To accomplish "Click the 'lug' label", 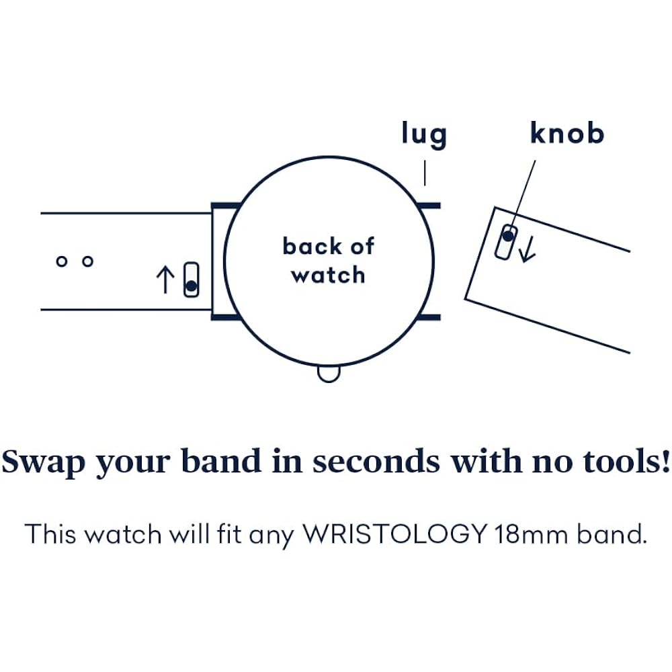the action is click(x=424, y=134).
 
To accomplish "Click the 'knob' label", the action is click(x=567, y=132).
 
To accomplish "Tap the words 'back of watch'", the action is click(x=329, y=260).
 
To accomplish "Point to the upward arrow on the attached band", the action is click(x=165, y=280).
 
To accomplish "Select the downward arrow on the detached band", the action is click(x=527, y=249).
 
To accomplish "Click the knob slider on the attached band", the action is click(x=191, y=280).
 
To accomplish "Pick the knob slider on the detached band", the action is click(x=506, y=242).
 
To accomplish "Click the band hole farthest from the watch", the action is click(x=62, y=261).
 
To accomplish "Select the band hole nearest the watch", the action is click(x=88, y=261).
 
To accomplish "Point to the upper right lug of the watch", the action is click(x=429, y=206).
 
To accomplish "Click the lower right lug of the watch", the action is click(x=429, y=318).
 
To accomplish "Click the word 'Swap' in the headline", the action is click(x=43, y=462).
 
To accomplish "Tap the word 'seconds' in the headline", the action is click(x=376, y=461).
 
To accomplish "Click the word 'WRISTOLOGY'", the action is click(x=394, y=534).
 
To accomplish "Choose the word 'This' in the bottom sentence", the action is click(x=50, y=534).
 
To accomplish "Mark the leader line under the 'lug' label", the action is click(x=425, y=173).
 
